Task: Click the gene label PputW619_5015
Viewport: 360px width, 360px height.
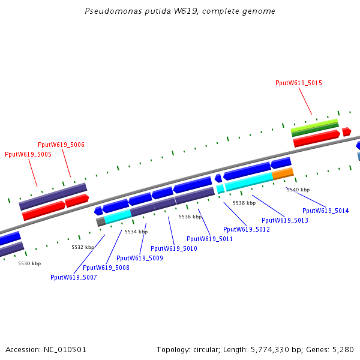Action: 299,83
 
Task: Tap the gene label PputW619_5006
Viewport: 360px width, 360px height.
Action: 61,145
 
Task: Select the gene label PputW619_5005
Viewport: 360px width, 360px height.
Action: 28,154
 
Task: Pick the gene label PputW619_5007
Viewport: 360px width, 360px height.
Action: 74,277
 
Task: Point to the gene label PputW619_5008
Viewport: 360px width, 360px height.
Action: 106,268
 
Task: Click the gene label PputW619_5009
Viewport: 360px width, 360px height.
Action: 140,258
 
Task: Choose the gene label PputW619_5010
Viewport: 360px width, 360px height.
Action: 174,248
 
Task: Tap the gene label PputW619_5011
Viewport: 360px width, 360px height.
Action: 209,239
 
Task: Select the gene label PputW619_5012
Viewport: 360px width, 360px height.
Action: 247,229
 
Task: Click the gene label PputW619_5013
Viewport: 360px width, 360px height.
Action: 285,220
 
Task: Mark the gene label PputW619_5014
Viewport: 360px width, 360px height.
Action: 325,211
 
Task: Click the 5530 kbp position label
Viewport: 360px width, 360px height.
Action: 29,263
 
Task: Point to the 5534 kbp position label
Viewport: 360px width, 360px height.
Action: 136,231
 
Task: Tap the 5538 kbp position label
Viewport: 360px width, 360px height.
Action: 244,203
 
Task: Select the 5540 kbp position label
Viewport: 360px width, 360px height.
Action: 298,190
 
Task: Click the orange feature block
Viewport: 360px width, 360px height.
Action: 283,173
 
